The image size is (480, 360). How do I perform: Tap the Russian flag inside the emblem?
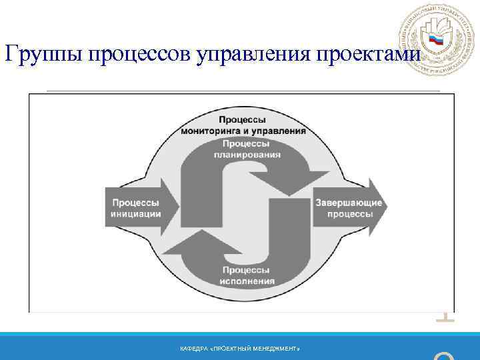(x=436, y=40)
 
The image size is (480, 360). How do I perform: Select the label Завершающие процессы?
(x=349, y=208)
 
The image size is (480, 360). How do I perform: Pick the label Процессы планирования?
(x=247, y=149)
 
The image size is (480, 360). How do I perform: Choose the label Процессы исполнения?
(x=246, y=275)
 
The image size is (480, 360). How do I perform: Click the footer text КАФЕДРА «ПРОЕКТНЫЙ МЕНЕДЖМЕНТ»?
(x=240, y=349)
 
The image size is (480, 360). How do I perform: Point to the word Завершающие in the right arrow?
(x=349, y=203)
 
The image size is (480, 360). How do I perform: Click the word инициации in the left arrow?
(x=135, y=214)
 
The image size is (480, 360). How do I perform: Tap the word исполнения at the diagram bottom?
(x=246, y=281)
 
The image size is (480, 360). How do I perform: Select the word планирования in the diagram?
(x=247, y=154)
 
